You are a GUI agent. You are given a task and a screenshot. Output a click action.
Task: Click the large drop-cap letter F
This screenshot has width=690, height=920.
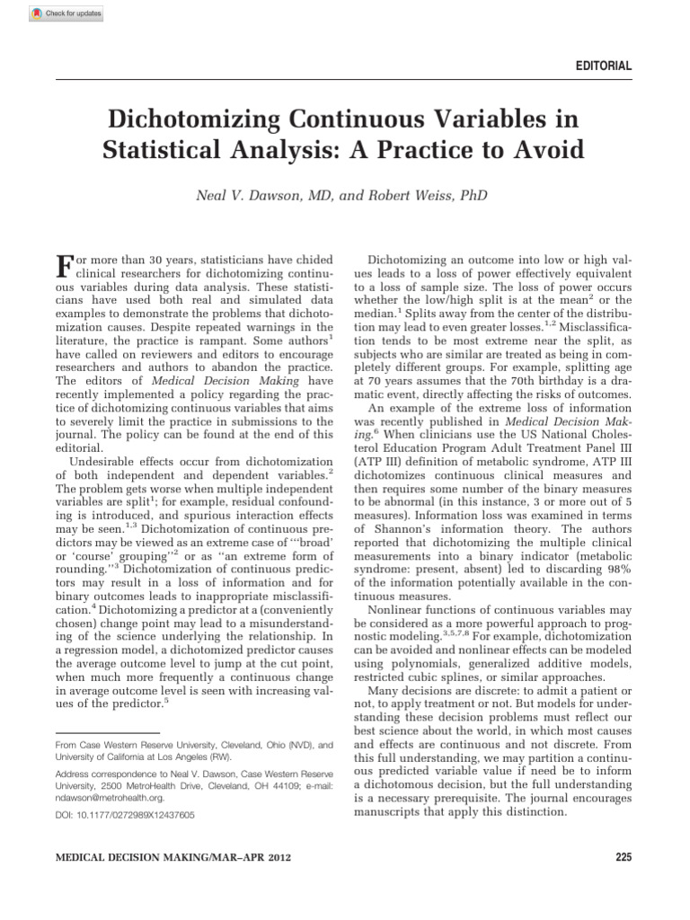(x=64, y=268)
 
